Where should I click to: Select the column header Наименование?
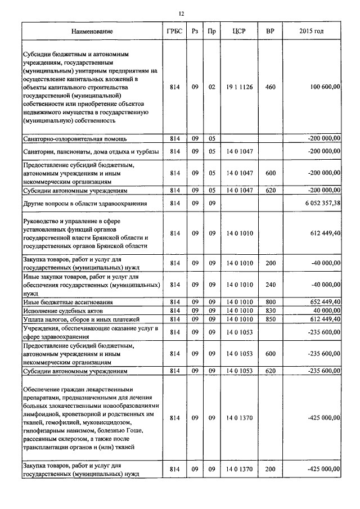pos(92,31)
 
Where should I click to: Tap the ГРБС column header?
pos(174,31)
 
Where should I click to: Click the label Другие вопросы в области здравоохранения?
pos(84,203)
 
